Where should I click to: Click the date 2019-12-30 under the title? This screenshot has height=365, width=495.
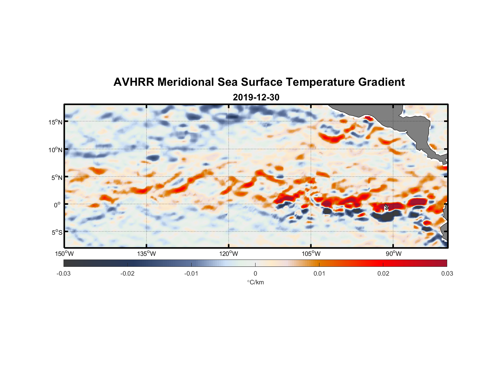click(x=256, y=97)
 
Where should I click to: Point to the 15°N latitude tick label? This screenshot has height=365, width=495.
click(x=55, y=122)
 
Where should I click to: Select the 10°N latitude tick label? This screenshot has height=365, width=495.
click(x=55, y=150)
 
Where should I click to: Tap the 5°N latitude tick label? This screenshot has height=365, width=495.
click(x=57, y=177)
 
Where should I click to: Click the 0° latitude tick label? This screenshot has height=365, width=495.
click(x=57, y=205)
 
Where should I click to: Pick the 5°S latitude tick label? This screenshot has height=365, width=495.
click(x=57, y=232)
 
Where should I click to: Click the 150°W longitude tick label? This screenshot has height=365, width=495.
click(x=64, y=254)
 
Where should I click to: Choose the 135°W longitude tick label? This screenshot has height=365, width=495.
click(x=146, y=254)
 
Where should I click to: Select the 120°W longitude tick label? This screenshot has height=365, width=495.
click(x=229, y=254)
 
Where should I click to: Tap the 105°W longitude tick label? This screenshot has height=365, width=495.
click(x=311, y=254)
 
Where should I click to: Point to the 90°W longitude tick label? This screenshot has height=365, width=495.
click(x=394, y=254)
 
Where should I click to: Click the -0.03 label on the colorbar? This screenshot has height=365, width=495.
click(x=64, y=274)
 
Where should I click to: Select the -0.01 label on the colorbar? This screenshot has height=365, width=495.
click(x=191, y=274)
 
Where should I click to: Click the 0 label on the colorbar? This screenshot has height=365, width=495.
click(x=255, y=274)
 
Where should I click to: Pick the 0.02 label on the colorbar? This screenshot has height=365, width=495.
click(x=383, y=274)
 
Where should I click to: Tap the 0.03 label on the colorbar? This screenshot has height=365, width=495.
click(x=447, y=274)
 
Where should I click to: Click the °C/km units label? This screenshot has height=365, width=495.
click(x=255, y=282)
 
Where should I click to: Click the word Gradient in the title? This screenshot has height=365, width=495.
click(x=381, y=82)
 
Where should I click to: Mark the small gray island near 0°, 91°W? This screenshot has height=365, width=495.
click(x=386, y=207)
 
